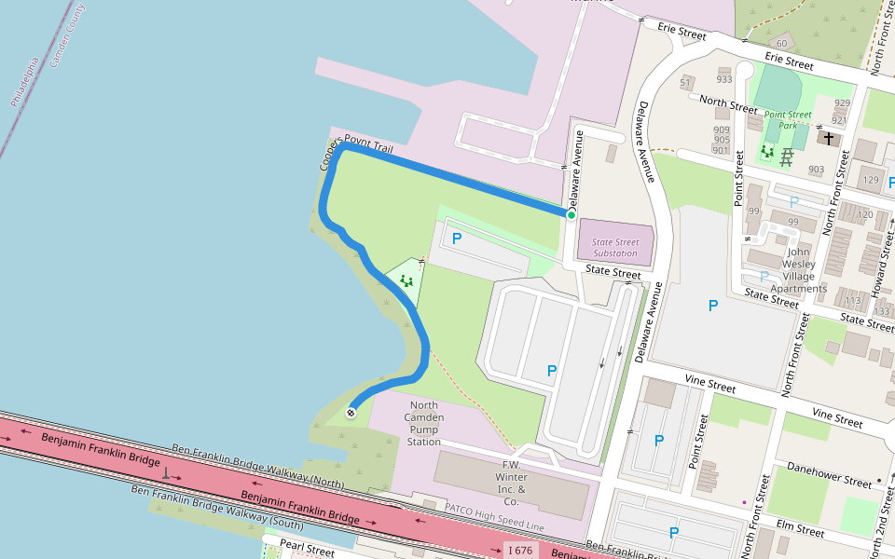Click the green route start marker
point(571,215)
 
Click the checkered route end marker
point(351,413)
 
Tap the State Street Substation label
point(615,248)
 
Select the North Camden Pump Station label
point(424,423)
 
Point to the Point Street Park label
point(788,119)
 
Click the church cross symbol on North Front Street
point(828,137)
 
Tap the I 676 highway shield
point(519,551)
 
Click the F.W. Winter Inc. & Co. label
point(510,476)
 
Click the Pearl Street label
point(307,550)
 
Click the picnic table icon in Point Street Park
point(787,156)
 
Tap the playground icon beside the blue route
point(406,279)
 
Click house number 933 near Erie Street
point(724,80)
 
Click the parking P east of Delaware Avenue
point(713,305)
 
